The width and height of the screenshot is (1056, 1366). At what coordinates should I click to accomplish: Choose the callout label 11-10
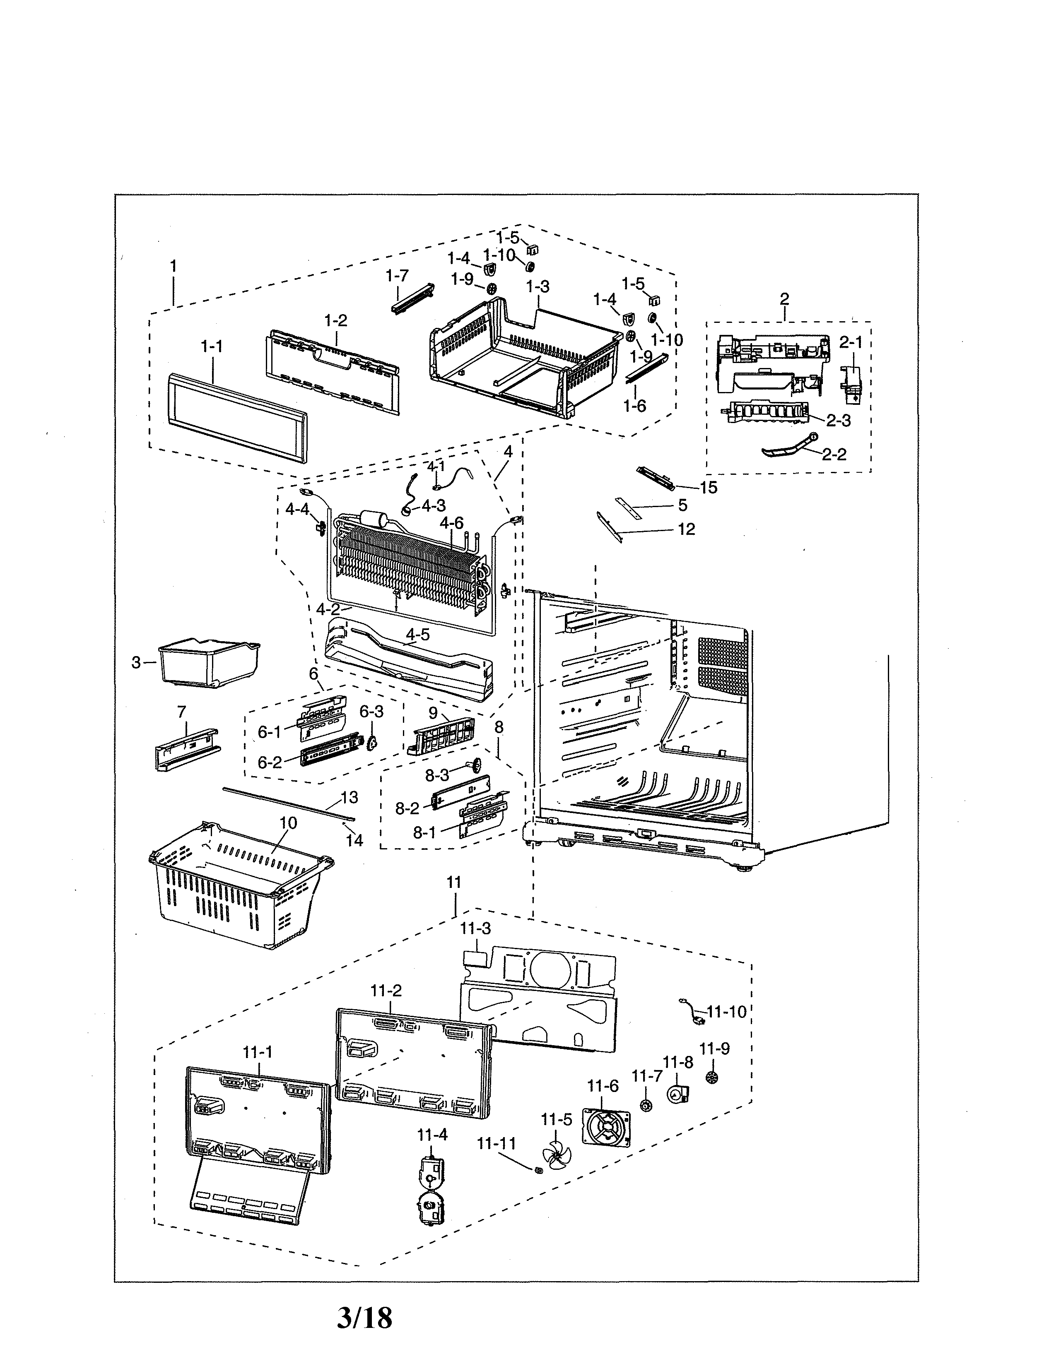tap(726, 1011)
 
